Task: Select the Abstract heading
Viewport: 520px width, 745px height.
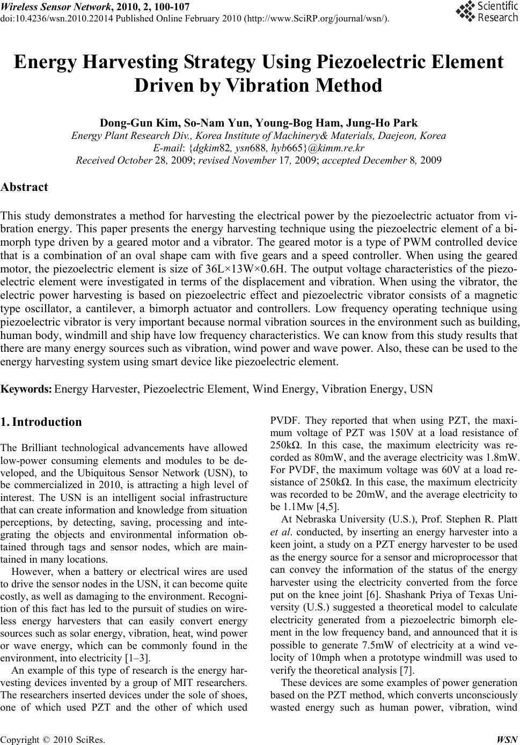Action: (25, 187)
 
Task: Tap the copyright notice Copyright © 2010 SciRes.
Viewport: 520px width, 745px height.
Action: (53, 737)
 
